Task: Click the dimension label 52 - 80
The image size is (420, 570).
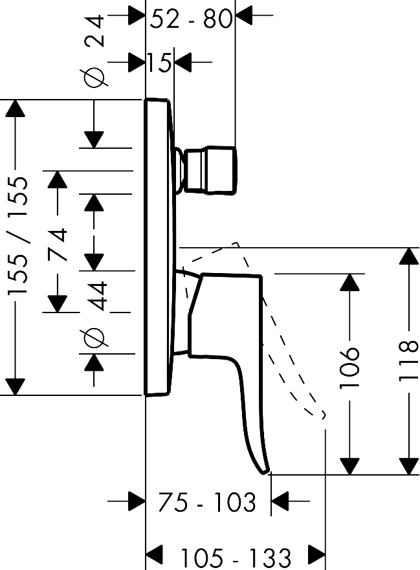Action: click(x=191, y=19)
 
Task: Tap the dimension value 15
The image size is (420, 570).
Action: click(x=159, y=62)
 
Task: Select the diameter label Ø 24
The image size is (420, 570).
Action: click(x=94, y=51)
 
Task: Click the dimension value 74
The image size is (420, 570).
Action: click(x=58, y=244)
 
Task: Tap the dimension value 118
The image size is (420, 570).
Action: click(x=409, y=360)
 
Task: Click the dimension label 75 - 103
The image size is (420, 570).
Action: click(x=208, y=502)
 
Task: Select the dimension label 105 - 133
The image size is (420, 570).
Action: click(x=236, y=558)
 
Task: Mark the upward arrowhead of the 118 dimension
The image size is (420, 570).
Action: click(x=409, y=257)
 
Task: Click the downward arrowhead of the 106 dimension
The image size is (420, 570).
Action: click(x=349, y=466)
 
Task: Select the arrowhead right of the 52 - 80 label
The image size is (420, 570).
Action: click(x=244, y=16)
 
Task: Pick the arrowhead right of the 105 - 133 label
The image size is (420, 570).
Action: click(x=316, y=554)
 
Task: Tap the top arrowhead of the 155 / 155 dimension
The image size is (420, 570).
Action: click(x=15, y=108)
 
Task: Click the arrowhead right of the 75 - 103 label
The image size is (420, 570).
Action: click(x=280, y=501)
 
